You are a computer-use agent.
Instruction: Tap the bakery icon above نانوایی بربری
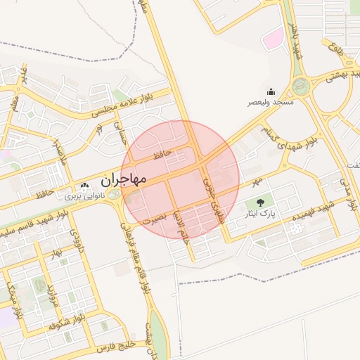85,187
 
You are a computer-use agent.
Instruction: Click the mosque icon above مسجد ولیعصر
271,91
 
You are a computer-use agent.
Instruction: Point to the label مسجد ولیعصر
269,103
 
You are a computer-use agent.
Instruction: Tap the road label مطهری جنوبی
214,199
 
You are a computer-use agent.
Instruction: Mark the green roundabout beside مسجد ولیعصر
301,86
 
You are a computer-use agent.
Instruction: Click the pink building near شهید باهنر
272,39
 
